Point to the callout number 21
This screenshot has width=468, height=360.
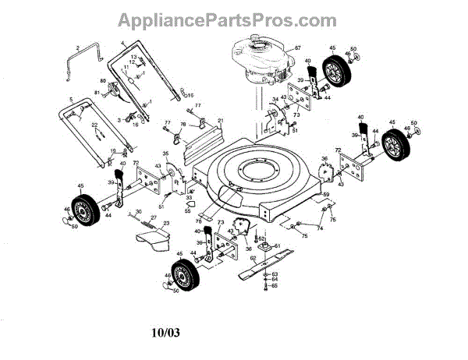pos(221,120)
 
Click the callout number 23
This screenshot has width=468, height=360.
pos(165,224)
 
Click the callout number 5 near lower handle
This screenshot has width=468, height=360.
pos(70,100)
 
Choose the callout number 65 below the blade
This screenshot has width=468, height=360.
pos(275,286)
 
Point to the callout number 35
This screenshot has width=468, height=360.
pos(165,153)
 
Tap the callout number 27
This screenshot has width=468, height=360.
pos(154,218)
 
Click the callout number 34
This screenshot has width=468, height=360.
pos(275,100)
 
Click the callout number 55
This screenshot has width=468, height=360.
pos(188,211)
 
